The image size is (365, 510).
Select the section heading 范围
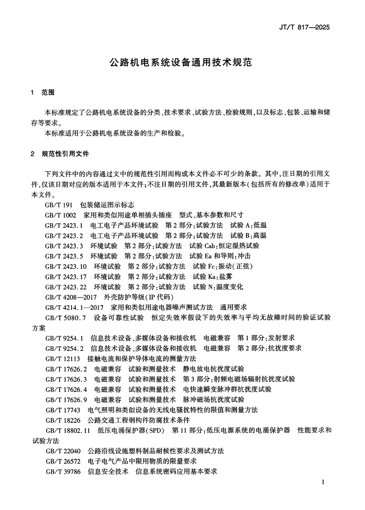click(48, 92)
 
